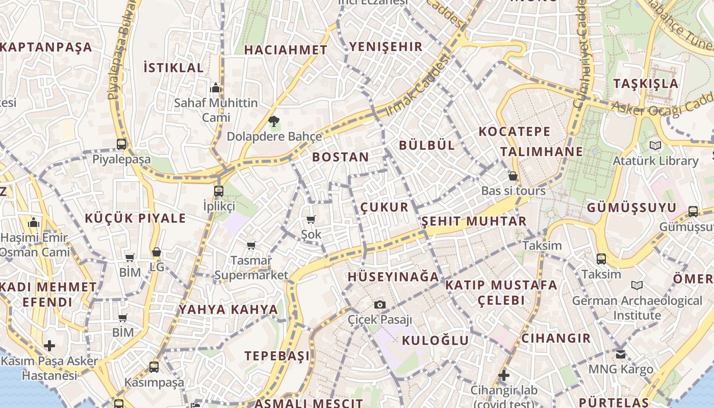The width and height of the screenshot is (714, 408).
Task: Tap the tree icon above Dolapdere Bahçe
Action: (274, 121)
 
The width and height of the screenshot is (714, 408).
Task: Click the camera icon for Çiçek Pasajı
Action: (379, 304)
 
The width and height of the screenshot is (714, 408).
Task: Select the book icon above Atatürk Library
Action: (655, 145)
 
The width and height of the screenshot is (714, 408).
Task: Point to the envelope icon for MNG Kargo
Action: (620, 354)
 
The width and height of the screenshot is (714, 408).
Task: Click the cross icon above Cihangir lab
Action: (504, 376)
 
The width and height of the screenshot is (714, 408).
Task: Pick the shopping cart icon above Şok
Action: (311, 219)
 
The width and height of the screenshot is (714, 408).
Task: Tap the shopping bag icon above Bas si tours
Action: (513, 176)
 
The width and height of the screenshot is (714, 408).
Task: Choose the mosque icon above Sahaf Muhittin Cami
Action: (216, 88)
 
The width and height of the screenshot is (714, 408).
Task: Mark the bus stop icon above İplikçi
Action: (219, 191)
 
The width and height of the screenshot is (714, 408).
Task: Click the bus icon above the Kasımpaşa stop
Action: (154, 367)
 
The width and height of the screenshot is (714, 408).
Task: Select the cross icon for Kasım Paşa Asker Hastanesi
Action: (49, 346)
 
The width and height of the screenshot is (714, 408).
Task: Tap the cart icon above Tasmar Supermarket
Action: (251, 245)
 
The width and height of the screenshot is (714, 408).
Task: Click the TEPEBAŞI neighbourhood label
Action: (277, 356)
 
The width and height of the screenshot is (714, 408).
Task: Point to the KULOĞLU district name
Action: (435, 341)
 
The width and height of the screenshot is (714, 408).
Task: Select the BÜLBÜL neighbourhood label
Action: (427, 145)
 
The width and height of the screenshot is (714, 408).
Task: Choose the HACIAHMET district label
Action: (286, 50)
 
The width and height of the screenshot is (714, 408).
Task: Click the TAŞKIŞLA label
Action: (646, 84)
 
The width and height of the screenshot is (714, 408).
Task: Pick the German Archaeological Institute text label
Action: (637, 308)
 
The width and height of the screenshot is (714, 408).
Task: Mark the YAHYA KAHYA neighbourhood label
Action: (228, 310)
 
